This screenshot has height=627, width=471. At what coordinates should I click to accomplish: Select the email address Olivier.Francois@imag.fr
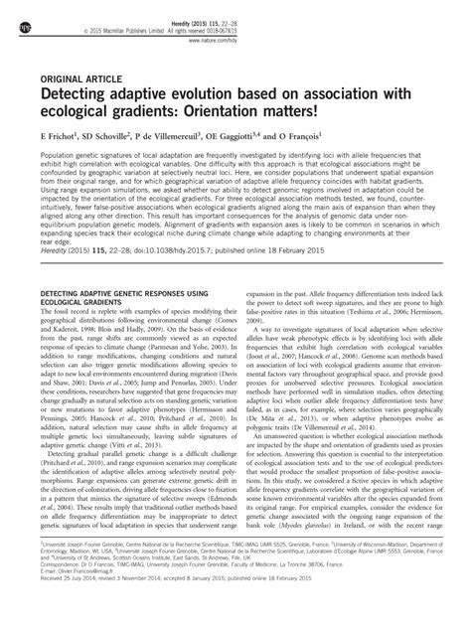(87, 595)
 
